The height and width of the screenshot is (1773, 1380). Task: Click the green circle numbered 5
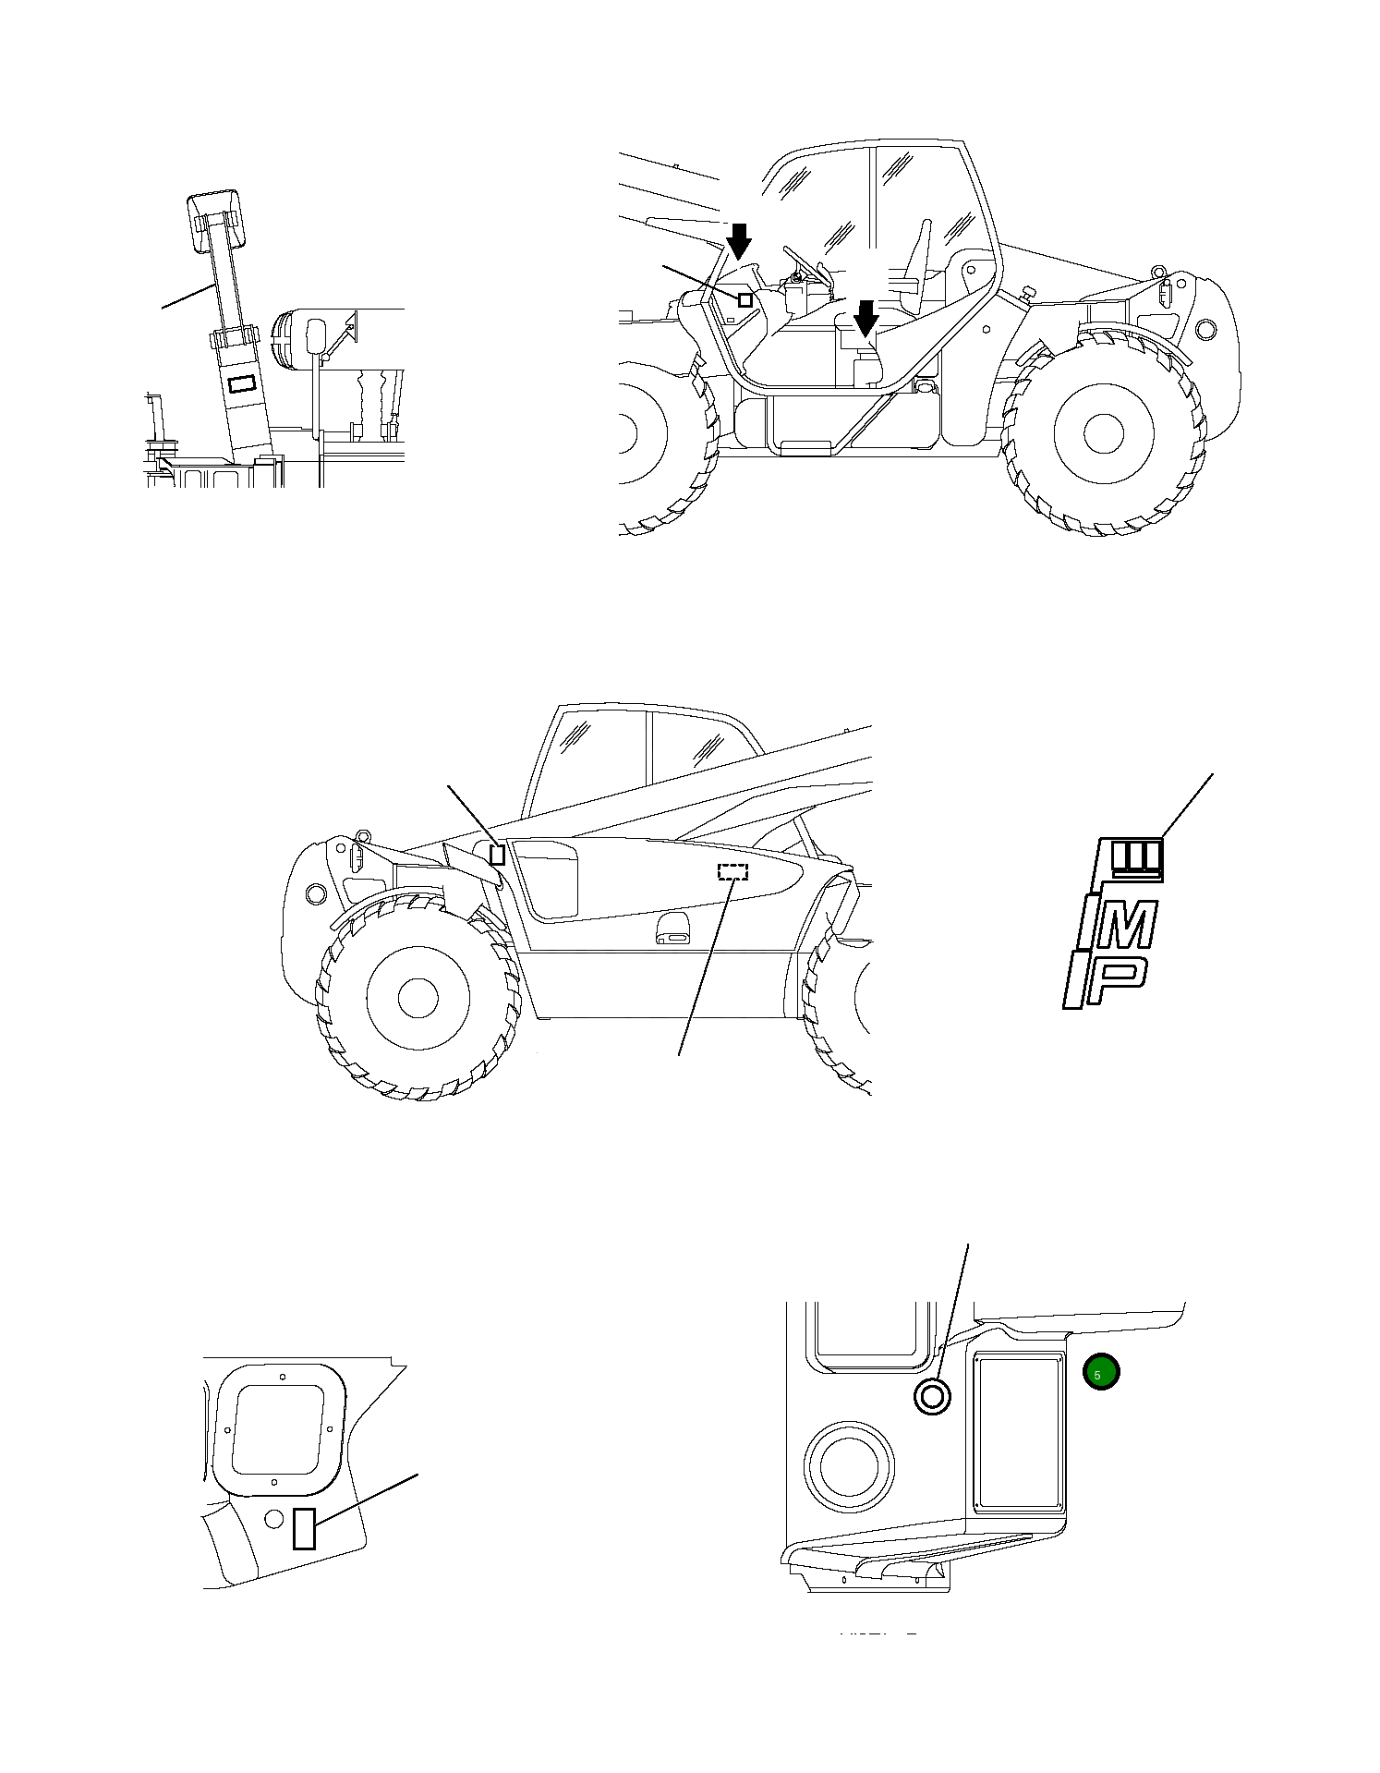coord(1100,1373)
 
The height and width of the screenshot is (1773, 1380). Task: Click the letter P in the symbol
coord(1116,981)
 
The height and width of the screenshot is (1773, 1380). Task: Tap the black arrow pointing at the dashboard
coord(739,241)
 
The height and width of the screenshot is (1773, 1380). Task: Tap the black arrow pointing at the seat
coord(866,319)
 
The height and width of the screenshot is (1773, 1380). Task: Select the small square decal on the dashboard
coord(745,299)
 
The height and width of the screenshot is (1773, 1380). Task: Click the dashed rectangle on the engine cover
coord(733,871)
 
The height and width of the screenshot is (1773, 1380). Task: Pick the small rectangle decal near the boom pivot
coord(497,855)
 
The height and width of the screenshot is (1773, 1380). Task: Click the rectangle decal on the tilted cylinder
coord(241,383)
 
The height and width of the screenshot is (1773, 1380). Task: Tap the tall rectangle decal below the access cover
coord(305,1527)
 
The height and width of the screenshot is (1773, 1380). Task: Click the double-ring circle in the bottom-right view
coord(931,1396)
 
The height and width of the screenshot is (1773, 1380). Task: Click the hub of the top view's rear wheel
coord(1103,433)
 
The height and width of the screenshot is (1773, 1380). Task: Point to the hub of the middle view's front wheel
coord(418,997)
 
